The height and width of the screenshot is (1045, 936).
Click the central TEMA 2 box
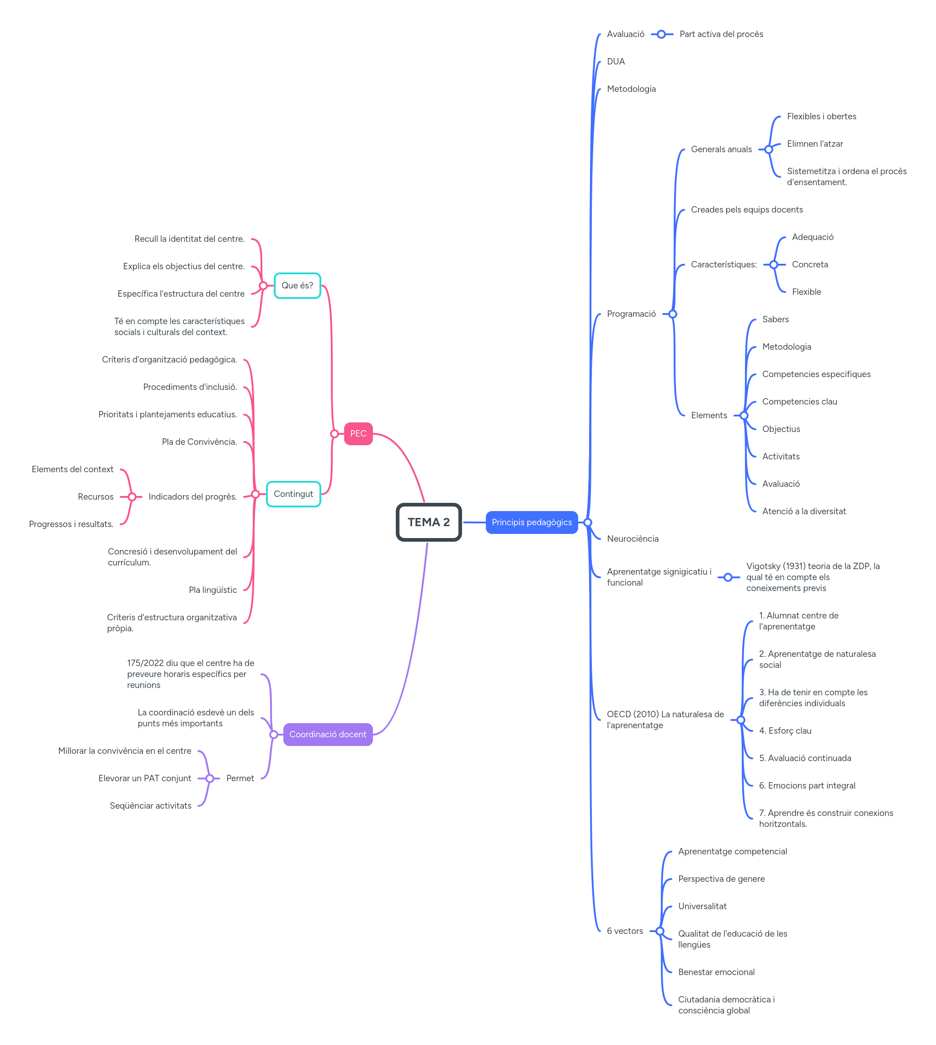point(428,522)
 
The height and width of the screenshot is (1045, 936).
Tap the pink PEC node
point(358,433)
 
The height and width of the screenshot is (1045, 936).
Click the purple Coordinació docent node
point(328,734)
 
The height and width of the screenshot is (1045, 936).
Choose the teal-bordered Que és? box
point(297,285)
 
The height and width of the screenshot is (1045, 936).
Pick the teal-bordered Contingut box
point(293,494)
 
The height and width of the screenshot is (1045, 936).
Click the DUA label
point(616,62)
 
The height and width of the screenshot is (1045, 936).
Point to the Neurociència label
point(632,538)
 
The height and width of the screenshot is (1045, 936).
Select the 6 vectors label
point(624,931)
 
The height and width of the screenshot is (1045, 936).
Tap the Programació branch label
point(631,314)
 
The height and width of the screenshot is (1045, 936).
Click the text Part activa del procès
point(721,34)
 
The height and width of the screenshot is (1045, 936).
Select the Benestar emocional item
point(716,972)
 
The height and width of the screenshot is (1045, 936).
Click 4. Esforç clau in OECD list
point(785,731)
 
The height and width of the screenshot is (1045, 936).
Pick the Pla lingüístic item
point(213,590)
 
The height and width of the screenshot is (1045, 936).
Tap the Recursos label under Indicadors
point(96,497)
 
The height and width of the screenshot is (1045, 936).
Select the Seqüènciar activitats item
point(150,806)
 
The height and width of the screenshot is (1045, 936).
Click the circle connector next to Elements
point(744,416)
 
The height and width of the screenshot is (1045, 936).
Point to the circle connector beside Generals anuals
point(768,149)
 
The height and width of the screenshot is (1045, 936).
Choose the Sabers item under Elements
point(775,320)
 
